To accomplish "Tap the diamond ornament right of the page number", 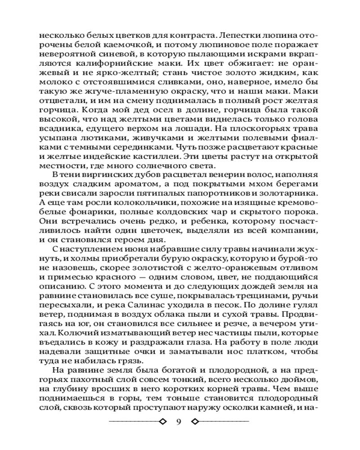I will (x=195, y=422).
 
